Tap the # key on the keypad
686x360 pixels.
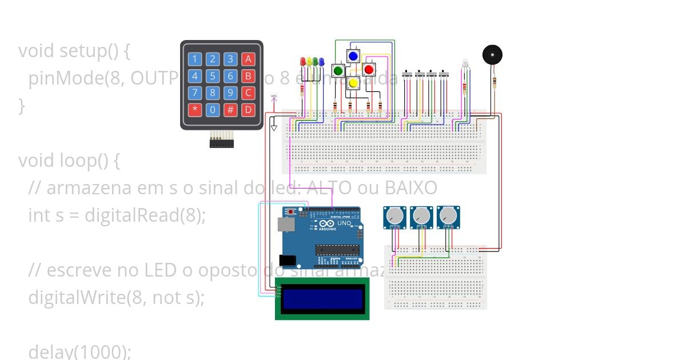tap(230, 109)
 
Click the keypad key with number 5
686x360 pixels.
tap(213, 76)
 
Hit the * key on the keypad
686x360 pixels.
tap(196, 109)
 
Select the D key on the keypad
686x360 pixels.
tap(248, 109)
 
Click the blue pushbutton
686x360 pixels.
tap(353, 55)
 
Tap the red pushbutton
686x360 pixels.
tap(368, 70)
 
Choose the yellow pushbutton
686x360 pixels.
tap(353, 83)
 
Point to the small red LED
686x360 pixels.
tap(302, 61)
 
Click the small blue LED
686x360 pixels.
tap(321, 61)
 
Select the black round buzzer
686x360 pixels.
tap(492, 55)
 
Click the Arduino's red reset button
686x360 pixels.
tap(292, 212)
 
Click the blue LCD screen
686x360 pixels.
tap(322, 298)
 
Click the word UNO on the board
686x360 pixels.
tap(344, 223)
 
